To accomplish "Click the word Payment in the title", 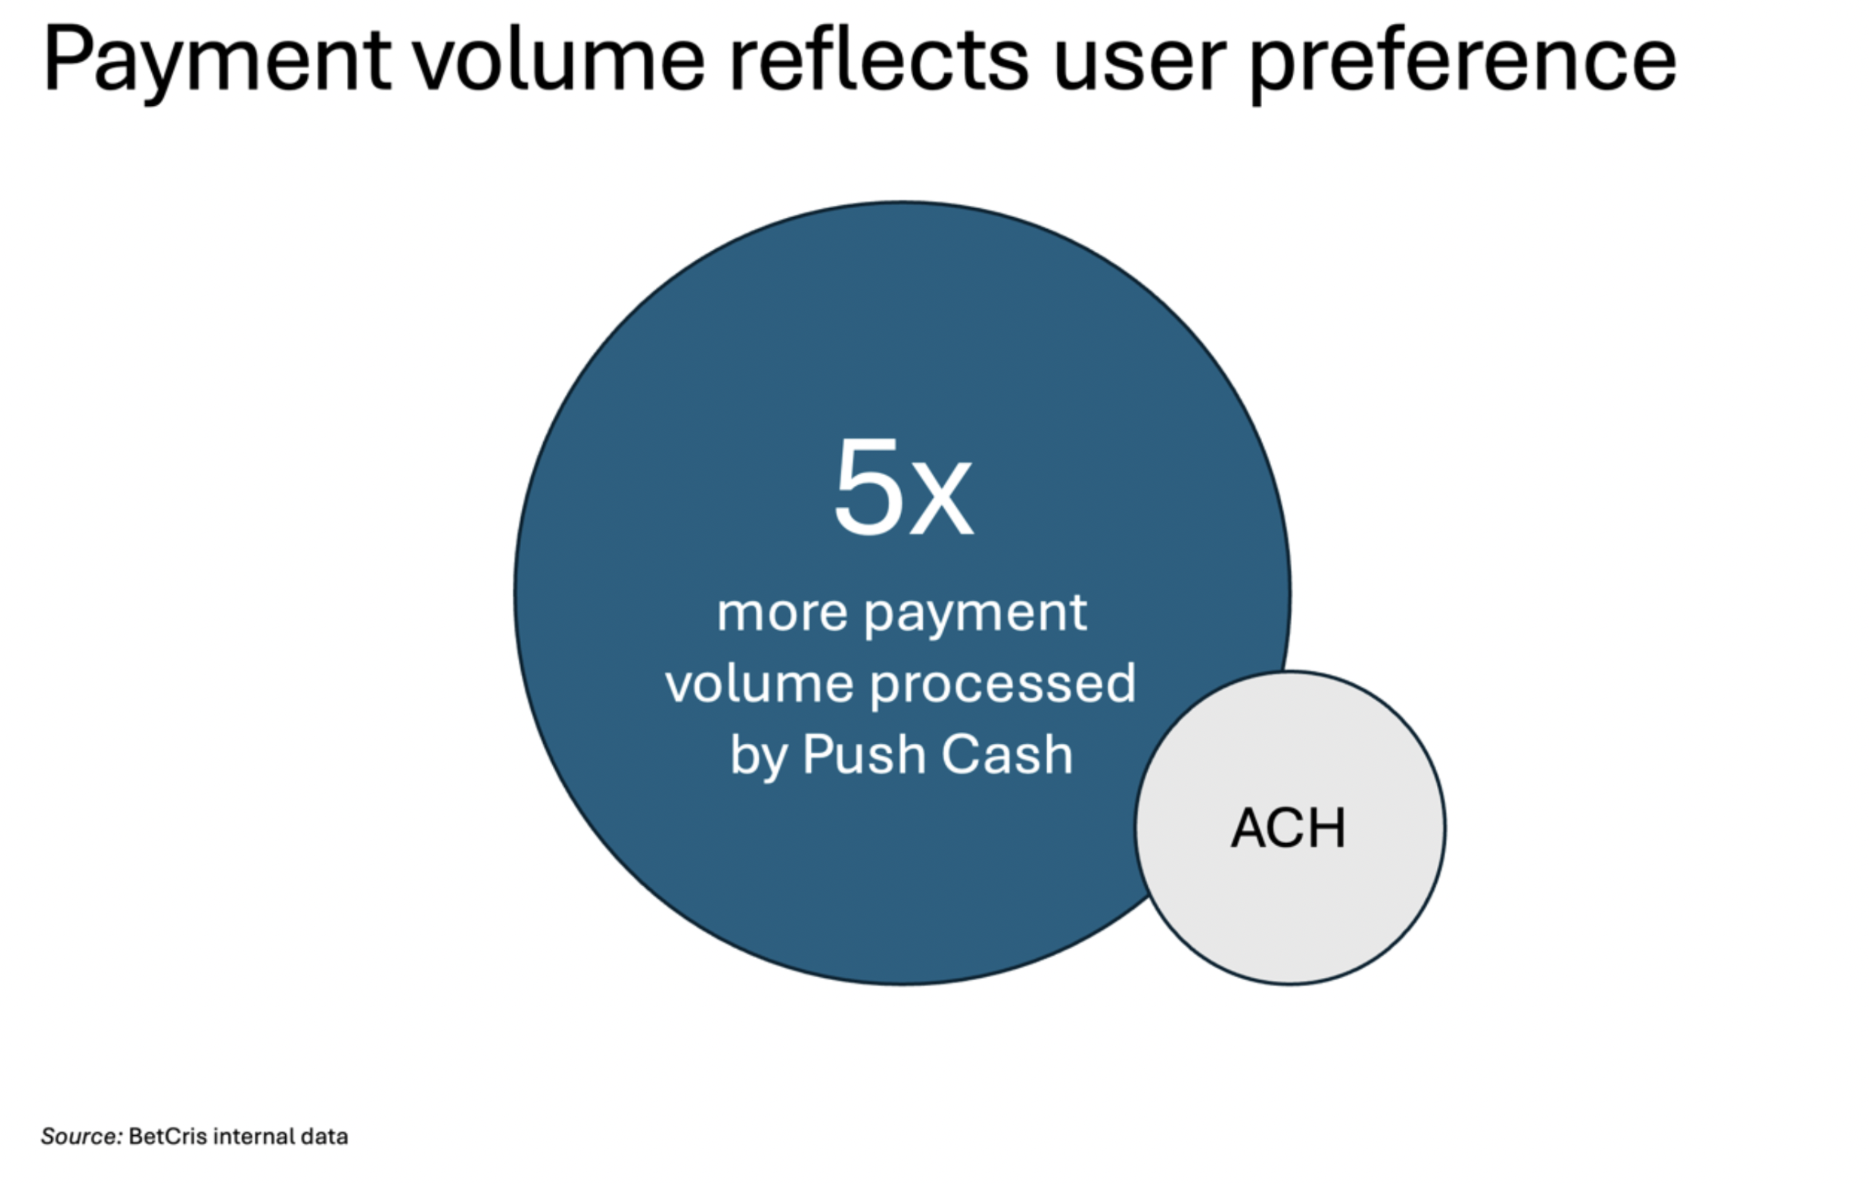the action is click(x=217, y=62).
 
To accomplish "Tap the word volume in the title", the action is click(x=559, y=59).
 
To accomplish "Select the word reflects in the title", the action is click(x=880, y=59).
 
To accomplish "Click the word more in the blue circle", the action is click(x=782, y=613).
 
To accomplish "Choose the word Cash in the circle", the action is click(x=1006, y=754).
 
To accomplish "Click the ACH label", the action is click(x=1289, y=828).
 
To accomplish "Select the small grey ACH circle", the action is click(x=1290, y=828).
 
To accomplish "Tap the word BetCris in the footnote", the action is click(x=168, y=1137).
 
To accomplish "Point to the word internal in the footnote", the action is click(x=253, y=1137).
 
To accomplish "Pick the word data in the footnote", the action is click(x=325, y=1137).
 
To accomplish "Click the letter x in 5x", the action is click(x=940, y=496).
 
